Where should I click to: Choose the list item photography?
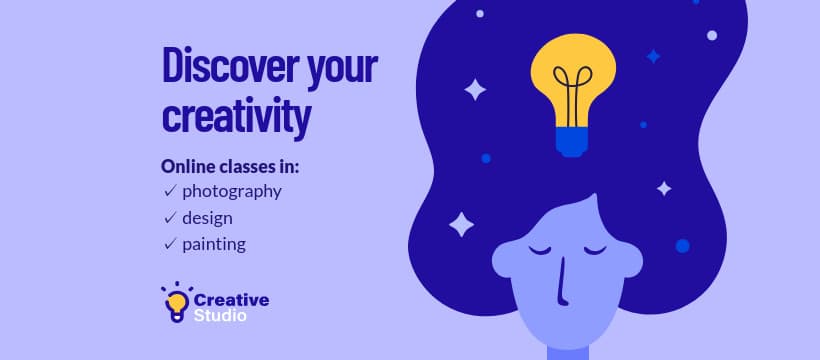[x=231, y=191]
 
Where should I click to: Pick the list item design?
[x=207, y=217]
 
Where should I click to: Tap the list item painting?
[x=213, y=243]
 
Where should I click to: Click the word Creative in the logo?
[x=230, y=299]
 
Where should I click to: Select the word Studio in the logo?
[x=220, y=316]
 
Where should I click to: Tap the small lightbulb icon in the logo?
[x=176, y=302]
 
